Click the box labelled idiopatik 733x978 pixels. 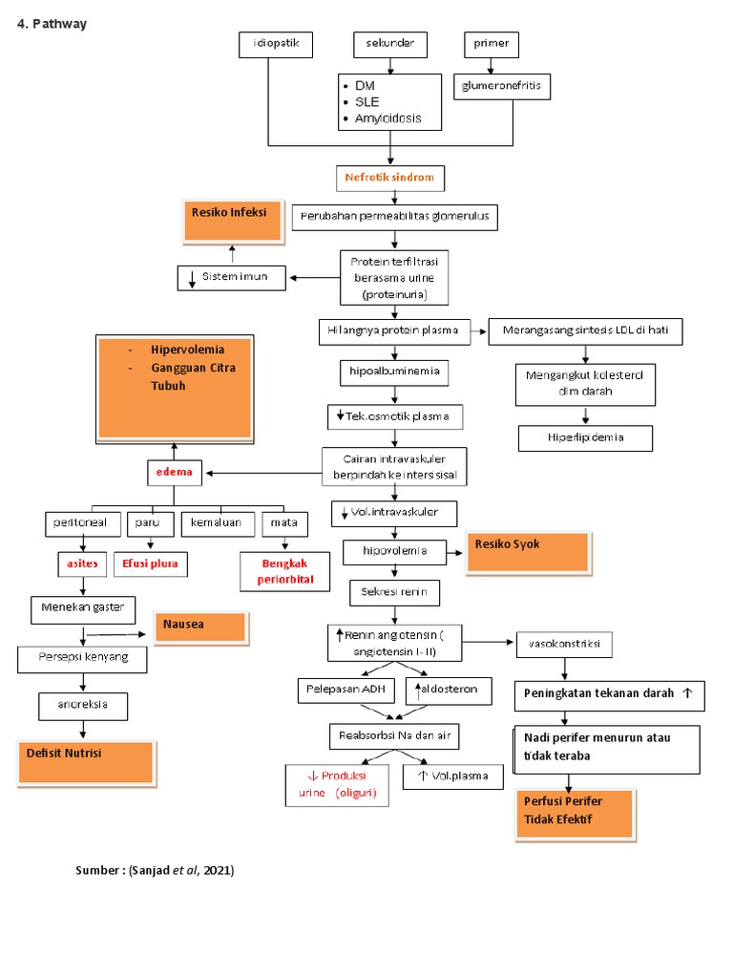point(275,44)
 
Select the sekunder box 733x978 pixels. point(390,44)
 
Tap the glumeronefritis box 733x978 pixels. point(502,87)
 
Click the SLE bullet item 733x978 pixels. point(368,102)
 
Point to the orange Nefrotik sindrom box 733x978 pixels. point(390,178)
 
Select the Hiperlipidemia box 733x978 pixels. point(586,437)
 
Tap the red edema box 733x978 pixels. point(174,473)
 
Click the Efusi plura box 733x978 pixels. point(150,564)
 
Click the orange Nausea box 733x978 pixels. point(199,627)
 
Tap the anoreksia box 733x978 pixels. point(83,706)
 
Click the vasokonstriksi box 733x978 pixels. point(565,644)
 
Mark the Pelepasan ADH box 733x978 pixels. point(340,689)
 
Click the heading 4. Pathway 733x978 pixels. point(52,24)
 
